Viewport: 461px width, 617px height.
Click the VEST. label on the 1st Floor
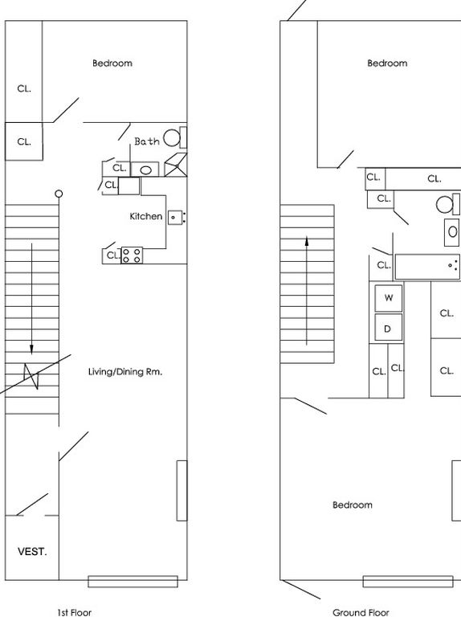(x=32, y=552)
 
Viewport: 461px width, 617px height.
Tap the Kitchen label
(x=146, y=216)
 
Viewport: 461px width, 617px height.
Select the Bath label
(x=147, y=141)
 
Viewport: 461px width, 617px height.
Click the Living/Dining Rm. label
(x=125, y=372)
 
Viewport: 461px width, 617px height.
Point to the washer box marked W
(x=389, y=298)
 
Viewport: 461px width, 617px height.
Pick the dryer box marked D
(x=389, y=328)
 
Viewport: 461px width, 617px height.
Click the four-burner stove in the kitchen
(x=132, y=255)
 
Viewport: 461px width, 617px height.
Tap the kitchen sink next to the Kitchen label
(x=175, y=218)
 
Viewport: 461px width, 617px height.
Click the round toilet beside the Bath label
(x=172, y=138)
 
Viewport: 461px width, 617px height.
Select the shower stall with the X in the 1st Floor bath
(x=176, y=165)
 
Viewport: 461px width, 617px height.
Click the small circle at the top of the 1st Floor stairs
(x=59, y=194)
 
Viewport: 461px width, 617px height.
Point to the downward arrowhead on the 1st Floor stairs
(x=31, y=349)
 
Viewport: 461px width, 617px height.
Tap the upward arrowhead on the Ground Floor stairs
(x=307, y=241)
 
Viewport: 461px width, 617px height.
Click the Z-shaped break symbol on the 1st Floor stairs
(x=32, y=376)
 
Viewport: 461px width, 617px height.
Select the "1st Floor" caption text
(x=74, y=612)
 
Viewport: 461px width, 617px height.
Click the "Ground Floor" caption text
(x=361, y=612)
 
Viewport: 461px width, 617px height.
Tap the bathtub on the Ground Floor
(x=427, y=267)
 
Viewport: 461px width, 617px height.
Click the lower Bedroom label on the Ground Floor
(x=353, y=505)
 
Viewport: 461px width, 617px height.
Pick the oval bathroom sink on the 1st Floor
(x=145, y=170)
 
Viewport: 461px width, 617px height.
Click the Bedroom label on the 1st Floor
(x=112, y=63)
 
